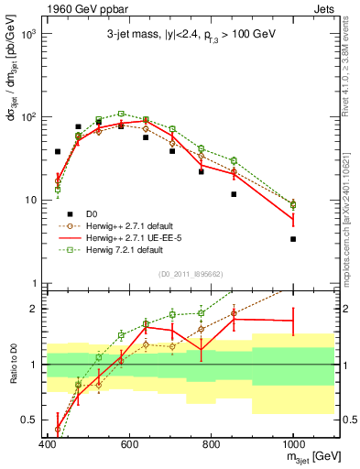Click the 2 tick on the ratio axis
tap(33, 309)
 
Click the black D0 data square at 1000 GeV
tap(293, 239)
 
